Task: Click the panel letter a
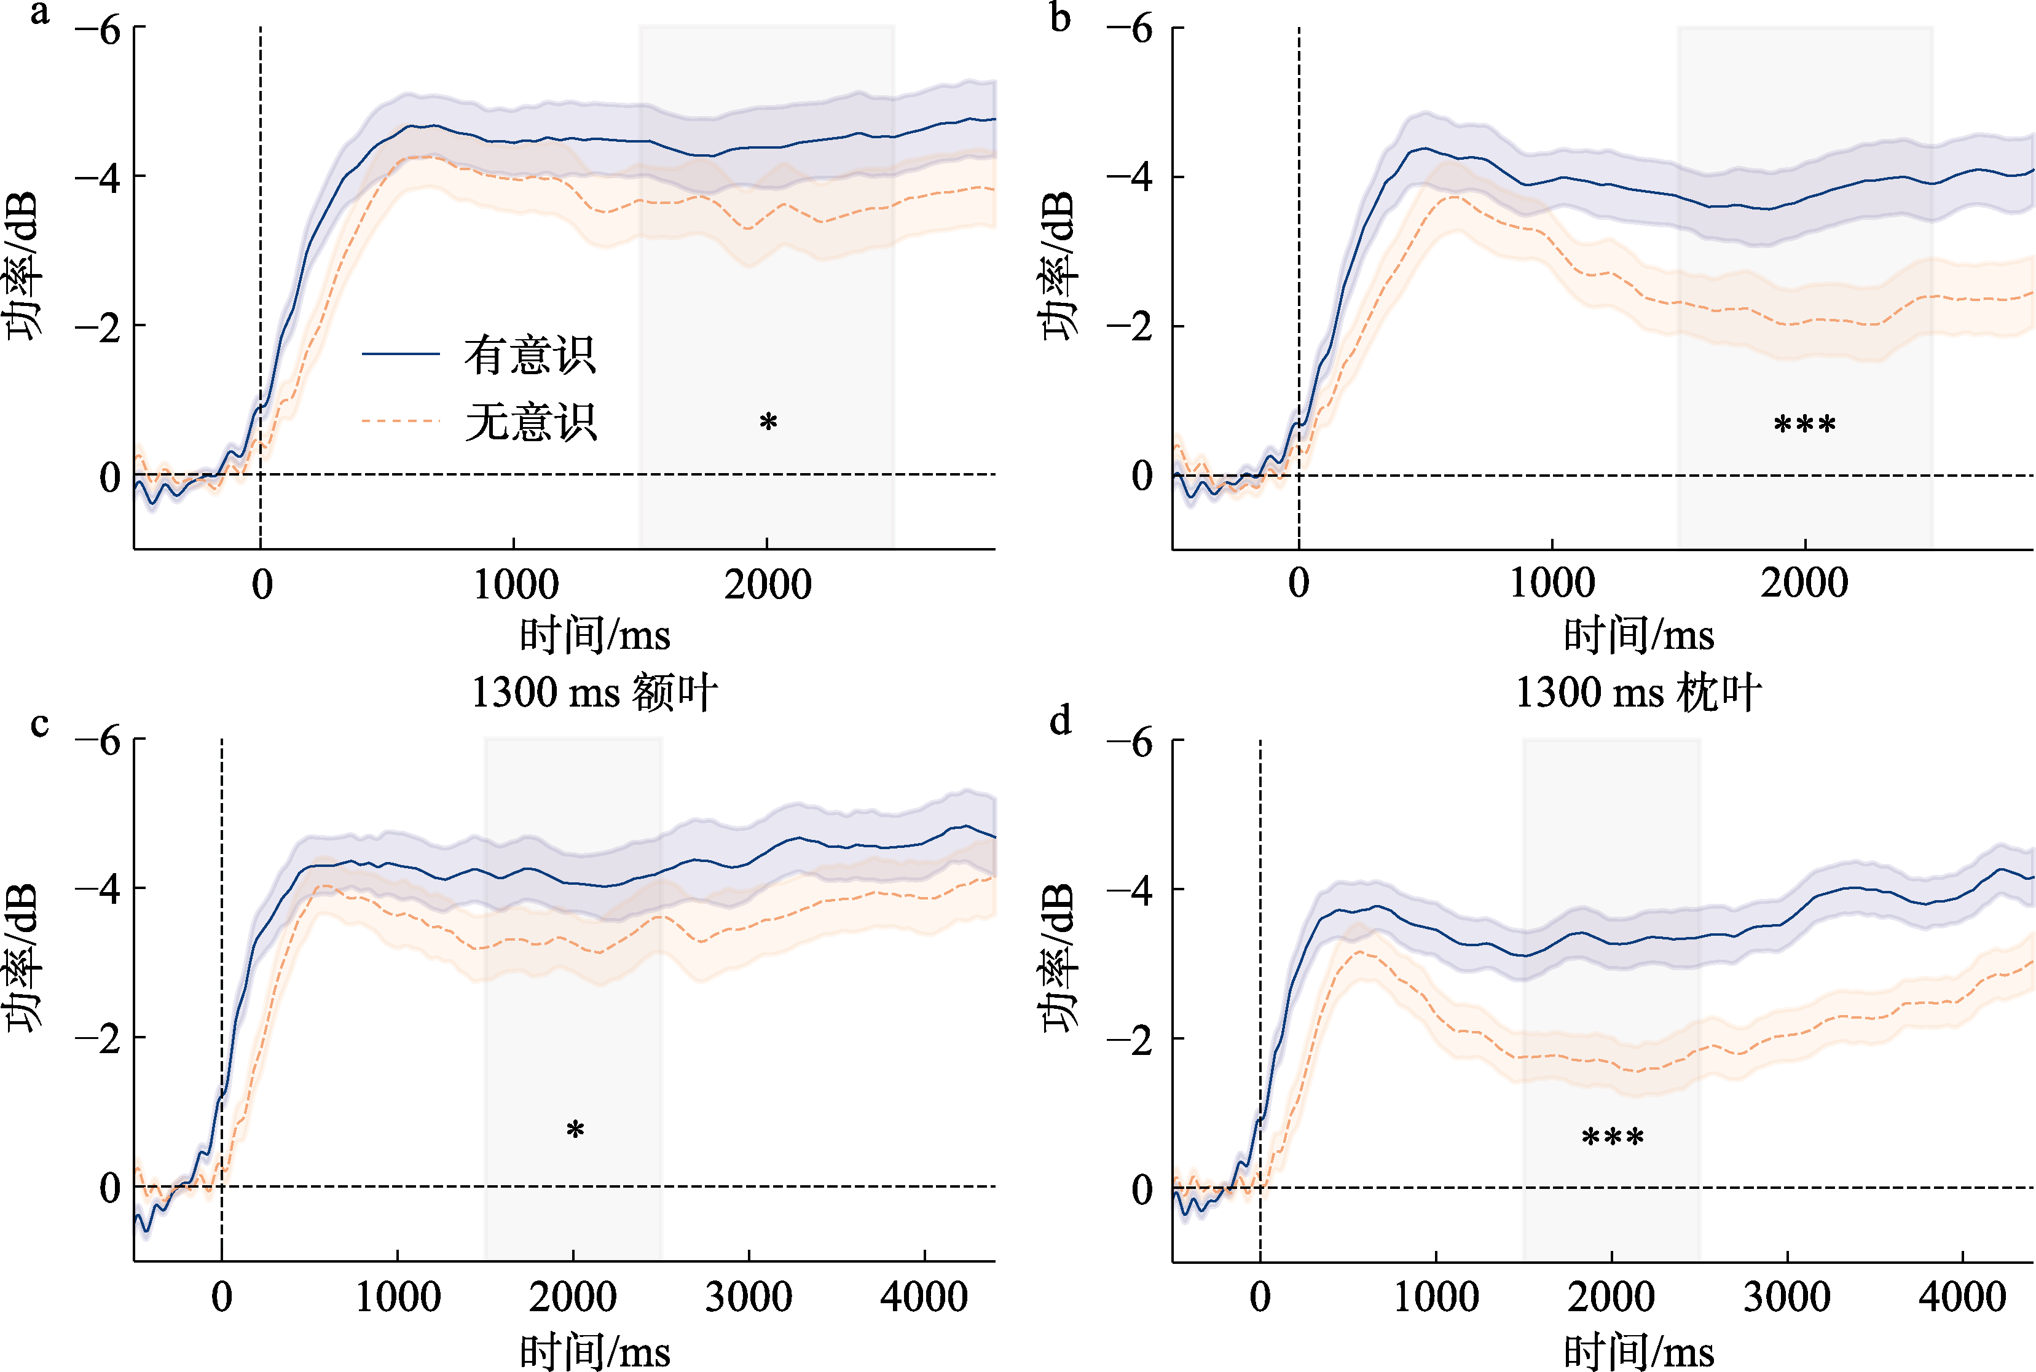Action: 39,14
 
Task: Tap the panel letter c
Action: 39,724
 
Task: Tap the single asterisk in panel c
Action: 575,1131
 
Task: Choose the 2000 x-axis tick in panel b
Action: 1804,582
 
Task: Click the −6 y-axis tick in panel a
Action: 98,31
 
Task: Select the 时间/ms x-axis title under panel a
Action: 595,635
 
